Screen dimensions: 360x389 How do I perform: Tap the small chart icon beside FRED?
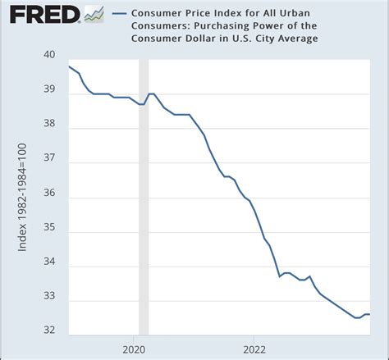click(94, 14)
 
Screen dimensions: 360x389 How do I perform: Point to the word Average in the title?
click(293, 38)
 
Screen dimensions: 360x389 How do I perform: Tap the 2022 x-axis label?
click(254, 348)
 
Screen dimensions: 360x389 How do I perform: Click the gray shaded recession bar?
click(144, 197)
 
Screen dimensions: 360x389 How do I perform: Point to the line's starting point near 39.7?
click(69, 66)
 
